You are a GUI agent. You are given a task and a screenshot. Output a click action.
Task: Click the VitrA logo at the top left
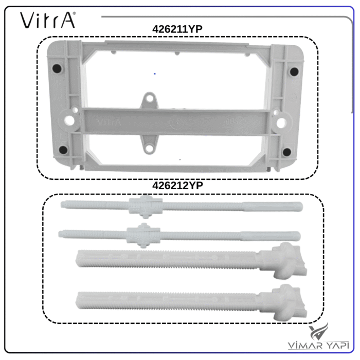47,20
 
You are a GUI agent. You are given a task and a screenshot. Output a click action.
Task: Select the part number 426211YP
177,29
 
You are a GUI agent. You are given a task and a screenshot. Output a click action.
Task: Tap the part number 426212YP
178,186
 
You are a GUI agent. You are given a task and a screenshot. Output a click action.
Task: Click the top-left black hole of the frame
57,68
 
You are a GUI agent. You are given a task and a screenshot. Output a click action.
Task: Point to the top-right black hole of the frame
294,71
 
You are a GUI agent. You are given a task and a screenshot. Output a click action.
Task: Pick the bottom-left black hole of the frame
63,150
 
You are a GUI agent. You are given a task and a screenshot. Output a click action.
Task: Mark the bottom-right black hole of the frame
287,152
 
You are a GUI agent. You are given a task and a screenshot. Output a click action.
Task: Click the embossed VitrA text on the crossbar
109,122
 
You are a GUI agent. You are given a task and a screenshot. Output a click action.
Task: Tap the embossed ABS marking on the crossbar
232,122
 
